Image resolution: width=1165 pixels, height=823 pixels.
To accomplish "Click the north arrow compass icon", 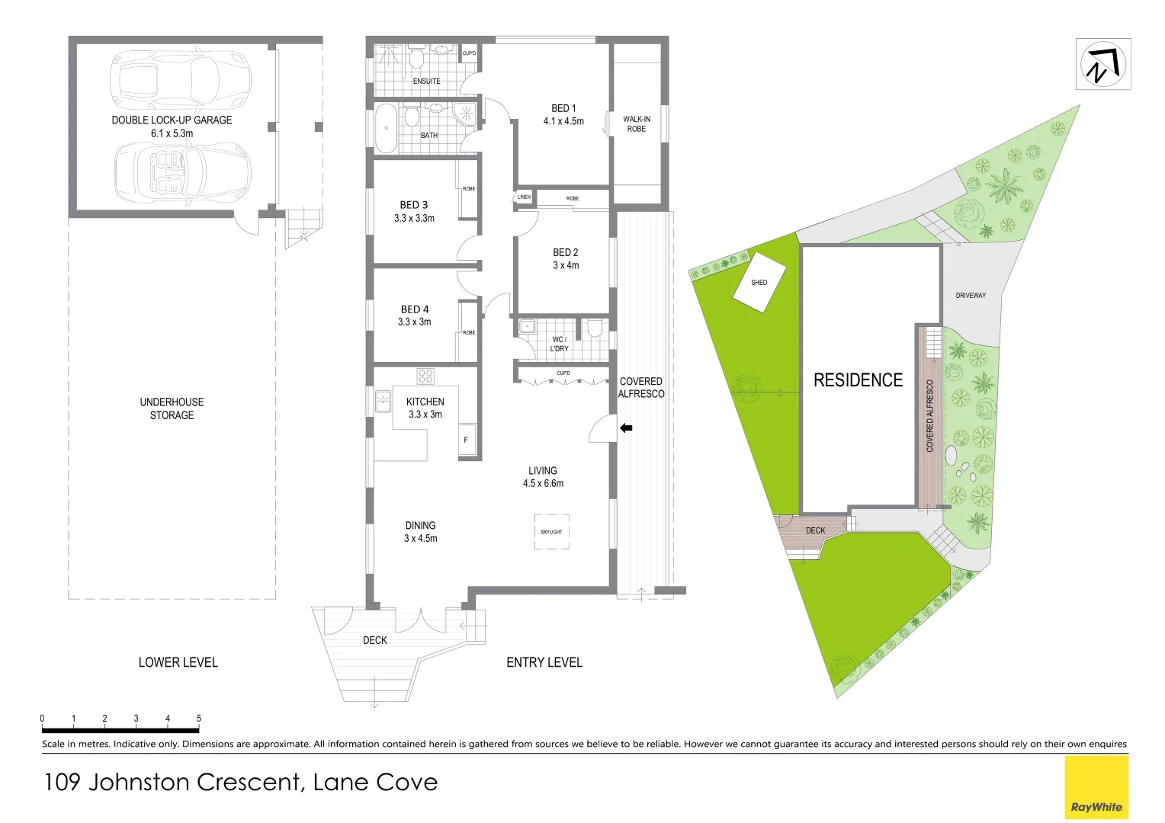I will tap(1102, 64).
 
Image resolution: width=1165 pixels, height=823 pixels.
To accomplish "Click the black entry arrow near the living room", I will tap(626, 428).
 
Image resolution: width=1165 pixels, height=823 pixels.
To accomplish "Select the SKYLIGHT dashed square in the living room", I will tap(551, 532).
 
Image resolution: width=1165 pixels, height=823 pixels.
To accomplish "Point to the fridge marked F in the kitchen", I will tap(466, 440).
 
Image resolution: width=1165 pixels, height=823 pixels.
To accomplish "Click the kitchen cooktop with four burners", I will tap(425, 376).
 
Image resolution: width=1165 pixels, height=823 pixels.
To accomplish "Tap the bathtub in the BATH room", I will tap(386, 129).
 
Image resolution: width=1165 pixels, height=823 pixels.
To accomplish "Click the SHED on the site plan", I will tap(759, 283).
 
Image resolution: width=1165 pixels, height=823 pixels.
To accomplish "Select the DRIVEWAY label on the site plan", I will tap(971, 295).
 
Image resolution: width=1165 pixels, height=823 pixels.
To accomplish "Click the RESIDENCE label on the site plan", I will tap(858, 380).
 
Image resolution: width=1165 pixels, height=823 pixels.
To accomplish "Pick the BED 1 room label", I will tap(563, 108).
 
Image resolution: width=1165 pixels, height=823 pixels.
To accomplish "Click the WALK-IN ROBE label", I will tap(637, 124).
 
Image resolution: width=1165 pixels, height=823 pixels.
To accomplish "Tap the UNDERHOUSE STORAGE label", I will tap(172, 408).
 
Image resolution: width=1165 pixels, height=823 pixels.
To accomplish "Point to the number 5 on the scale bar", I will tap(199, 719).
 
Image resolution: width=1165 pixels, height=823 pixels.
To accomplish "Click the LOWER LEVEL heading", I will tap(178, 662).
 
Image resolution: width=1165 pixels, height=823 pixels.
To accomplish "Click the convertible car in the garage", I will tap(181, 174).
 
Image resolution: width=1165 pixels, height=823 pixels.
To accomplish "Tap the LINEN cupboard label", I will tap(524, 197).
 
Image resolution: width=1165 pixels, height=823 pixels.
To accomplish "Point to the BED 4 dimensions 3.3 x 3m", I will tap(414, 322).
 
